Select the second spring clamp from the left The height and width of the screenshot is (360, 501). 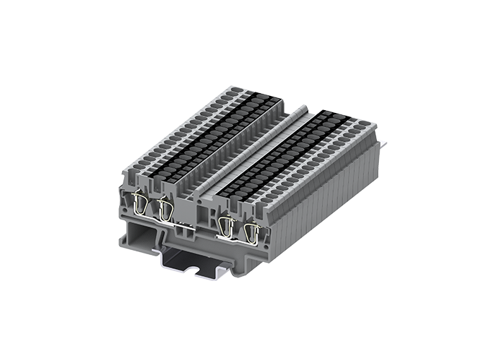click(166, 209)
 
